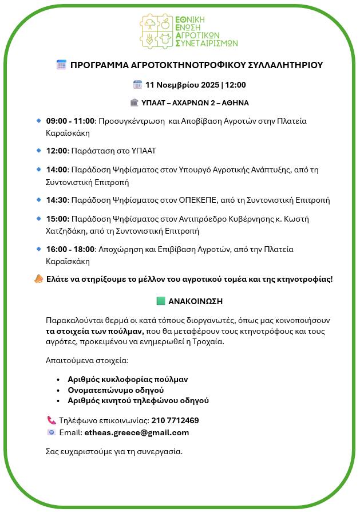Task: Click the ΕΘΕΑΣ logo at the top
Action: coord(188,30)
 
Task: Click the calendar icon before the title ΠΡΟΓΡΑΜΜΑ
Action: coord(61,65)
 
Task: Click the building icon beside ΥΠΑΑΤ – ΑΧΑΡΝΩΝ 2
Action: coord(134,103)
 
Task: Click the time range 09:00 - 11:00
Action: coord(70,121)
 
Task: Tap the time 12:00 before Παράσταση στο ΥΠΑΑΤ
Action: coord(57,151)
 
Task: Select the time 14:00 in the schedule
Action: coord(57,170)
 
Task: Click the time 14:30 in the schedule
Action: coord(57,200)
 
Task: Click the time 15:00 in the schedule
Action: coord(57,219)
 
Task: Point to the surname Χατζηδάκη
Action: coord(65,231)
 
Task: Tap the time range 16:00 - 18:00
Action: coord(70,249)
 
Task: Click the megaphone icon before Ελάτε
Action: coord(38,279)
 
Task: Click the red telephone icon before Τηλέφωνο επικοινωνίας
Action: coord(51,420)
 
